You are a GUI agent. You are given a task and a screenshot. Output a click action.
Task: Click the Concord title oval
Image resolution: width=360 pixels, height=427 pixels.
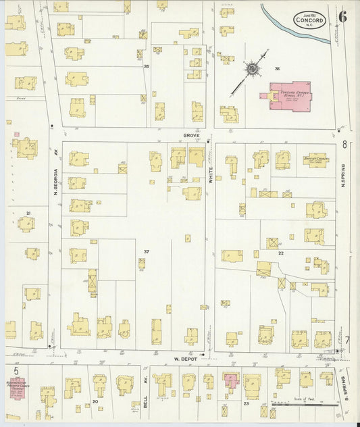[310, 20]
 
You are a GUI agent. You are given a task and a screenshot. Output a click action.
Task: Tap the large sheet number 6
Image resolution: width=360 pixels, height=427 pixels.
[343, 18]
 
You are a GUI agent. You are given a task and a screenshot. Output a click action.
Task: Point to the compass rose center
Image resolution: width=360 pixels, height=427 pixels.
[251, 68]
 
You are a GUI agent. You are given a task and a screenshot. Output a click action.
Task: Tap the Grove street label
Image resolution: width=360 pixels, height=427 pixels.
[192, 136]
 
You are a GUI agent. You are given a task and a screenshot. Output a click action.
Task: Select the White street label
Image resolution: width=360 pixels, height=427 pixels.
[210, 175]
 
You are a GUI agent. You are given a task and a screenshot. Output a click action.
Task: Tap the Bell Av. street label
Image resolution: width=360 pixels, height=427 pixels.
[145, 384]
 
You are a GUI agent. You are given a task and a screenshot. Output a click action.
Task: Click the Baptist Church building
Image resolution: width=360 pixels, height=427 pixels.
[315, 160]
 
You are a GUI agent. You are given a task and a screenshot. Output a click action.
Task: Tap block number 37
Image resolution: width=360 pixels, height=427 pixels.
[145, 251]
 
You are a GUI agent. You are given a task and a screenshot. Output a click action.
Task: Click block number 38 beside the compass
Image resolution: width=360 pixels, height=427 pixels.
[277, 68]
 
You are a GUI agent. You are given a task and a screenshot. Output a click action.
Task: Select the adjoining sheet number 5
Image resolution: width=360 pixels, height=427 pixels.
[15, 371]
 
